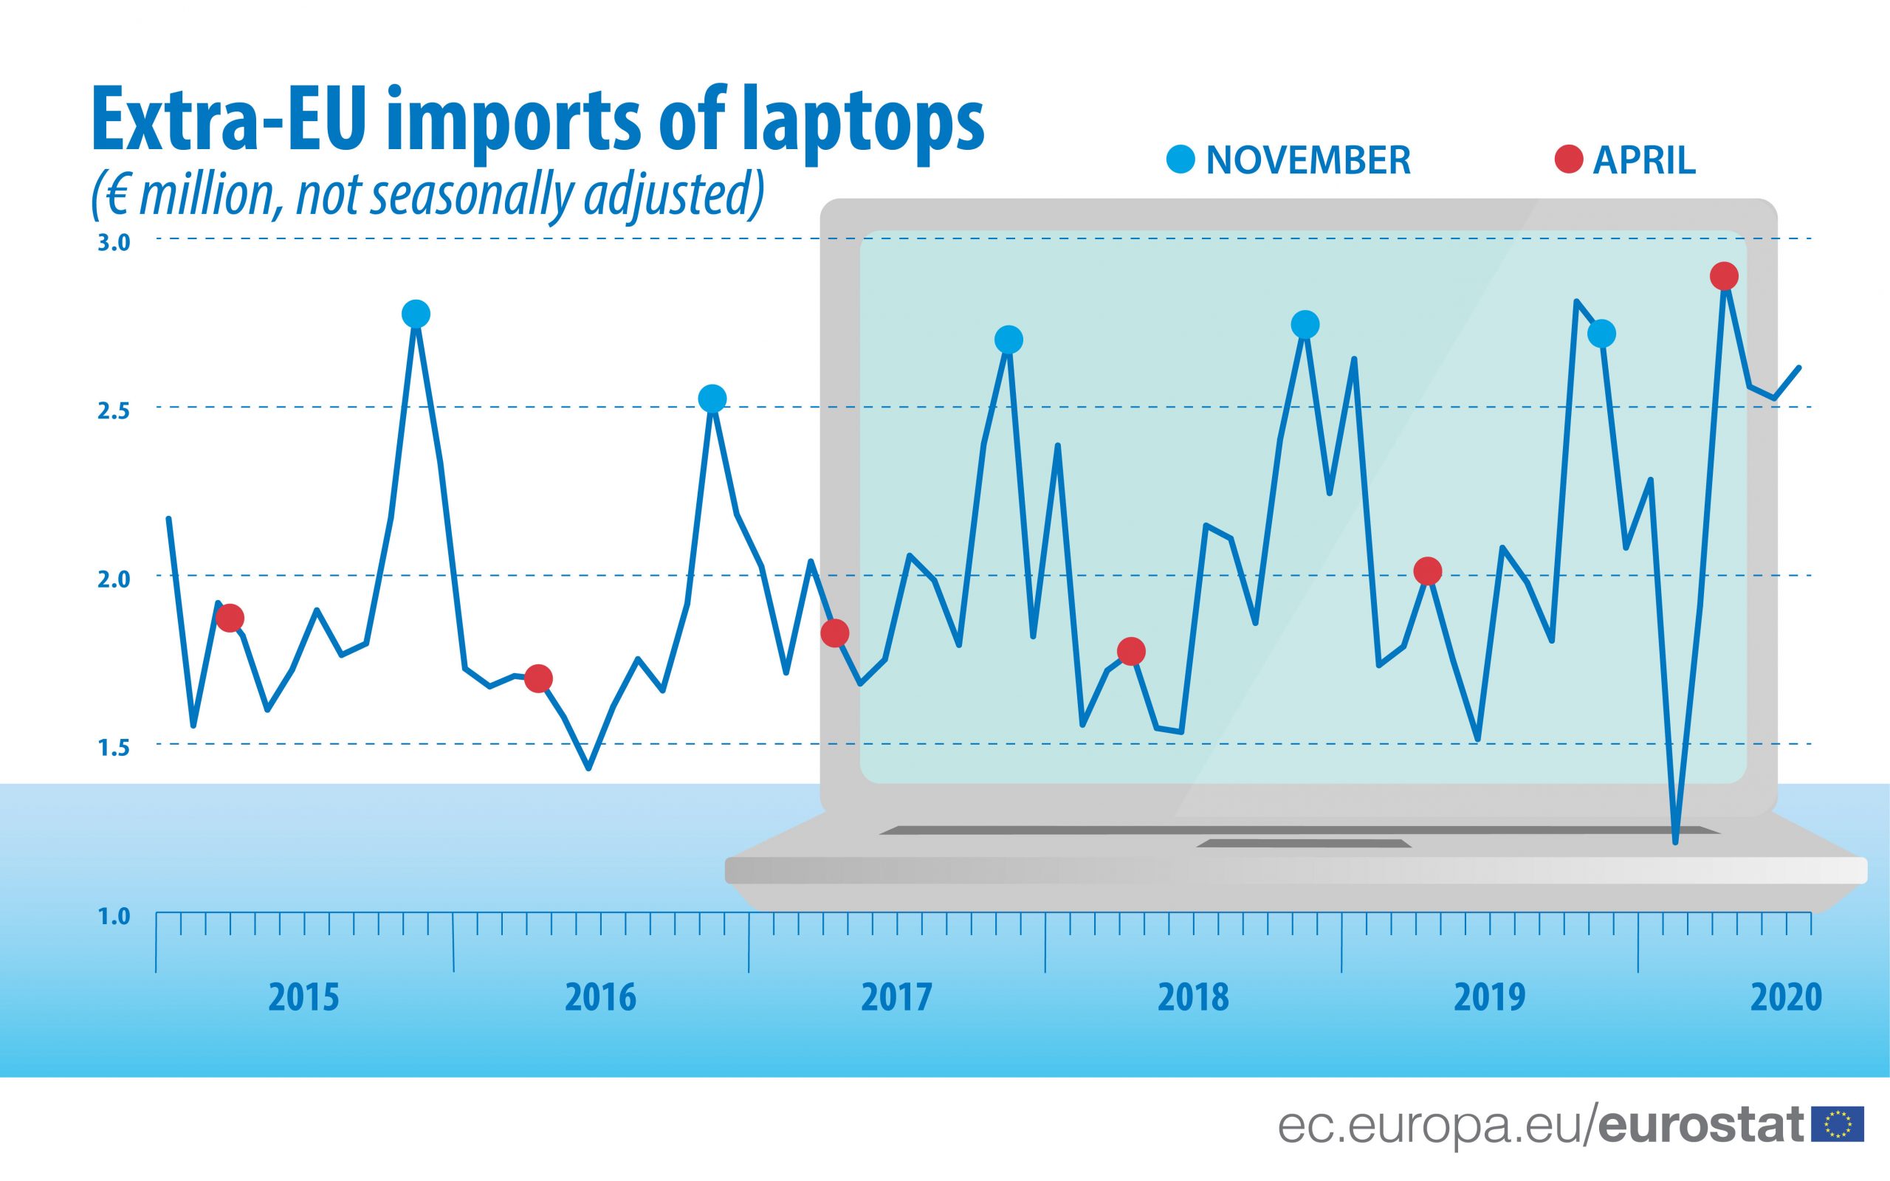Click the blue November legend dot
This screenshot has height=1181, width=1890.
(1180, 160)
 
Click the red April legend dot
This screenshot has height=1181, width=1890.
(1569, 160)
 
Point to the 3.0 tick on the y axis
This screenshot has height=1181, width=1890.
(113, 243)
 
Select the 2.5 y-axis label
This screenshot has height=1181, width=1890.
(113, 412)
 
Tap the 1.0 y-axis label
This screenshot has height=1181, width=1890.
(113, 916)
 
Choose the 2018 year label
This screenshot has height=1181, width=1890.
(1192, 997)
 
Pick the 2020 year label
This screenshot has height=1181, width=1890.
(1786, 997)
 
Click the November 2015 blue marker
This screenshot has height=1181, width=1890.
(416, 314)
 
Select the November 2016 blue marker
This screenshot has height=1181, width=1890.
(712, 399)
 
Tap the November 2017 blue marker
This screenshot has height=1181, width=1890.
(1008, 340)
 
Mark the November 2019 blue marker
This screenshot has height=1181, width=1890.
(1601, 334)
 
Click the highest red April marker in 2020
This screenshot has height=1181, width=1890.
(1724, 276)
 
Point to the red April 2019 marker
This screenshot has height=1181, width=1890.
(1428, 572)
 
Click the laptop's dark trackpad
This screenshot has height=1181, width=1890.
(1302, 844)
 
